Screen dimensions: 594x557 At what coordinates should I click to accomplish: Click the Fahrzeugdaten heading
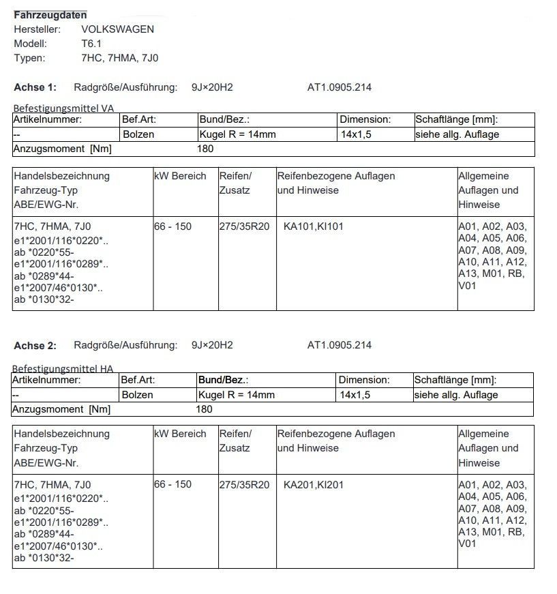point(50,14)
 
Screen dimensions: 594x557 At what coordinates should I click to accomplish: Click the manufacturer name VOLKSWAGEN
point(117,29)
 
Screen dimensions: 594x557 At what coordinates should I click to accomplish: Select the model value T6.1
point(92,44)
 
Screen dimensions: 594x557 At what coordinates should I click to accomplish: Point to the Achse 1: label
point(35,87)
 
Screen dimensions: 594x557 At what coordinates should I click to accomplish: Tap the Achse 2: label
point(35,346)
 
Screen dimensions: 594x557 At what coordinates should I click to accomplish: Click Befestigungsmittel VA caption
point(64,108)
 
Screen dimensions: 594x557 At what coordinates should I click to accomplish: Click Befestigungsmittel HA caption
point(63,369)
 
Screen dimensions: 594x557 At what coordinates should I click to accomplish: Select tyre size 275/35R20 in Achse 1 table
point(245,226)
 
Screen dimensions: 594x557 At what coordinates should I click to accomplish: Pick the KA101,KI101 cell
point(314,226)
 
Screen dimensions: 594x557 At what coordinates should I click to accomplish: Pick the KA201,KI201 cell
point(314,484)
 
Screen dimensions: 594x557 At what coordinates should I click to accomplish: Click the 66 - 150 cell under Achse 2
point(173,484)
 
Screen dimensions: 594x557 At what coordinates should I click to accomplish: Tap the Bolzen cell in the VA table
point(138,134)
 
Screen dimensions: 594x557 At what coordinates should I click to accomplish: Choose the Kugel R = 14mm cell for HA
point(237,395)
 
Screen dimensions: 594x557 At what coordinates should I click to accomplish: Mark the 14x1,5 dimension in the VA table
point(356,134)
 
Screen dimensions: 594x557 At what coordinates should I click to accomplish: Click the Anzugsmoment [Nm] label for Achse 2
point(62,409)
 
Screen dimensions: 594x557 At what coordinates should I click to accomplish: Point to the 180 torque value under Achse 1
point(205,149)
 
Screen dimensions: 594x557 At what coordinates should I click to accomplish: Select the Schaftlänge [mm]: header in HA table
point(455,380)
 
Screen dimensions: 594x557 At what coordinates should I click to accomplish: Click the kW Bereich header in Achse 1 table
point(181,176)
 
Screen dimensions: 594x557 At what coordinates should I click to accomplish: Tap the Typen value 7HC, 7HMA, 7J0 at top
point(120,58)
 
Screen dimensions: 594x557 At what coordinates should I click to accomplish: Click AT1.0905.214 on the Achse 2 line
point(340,346)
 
